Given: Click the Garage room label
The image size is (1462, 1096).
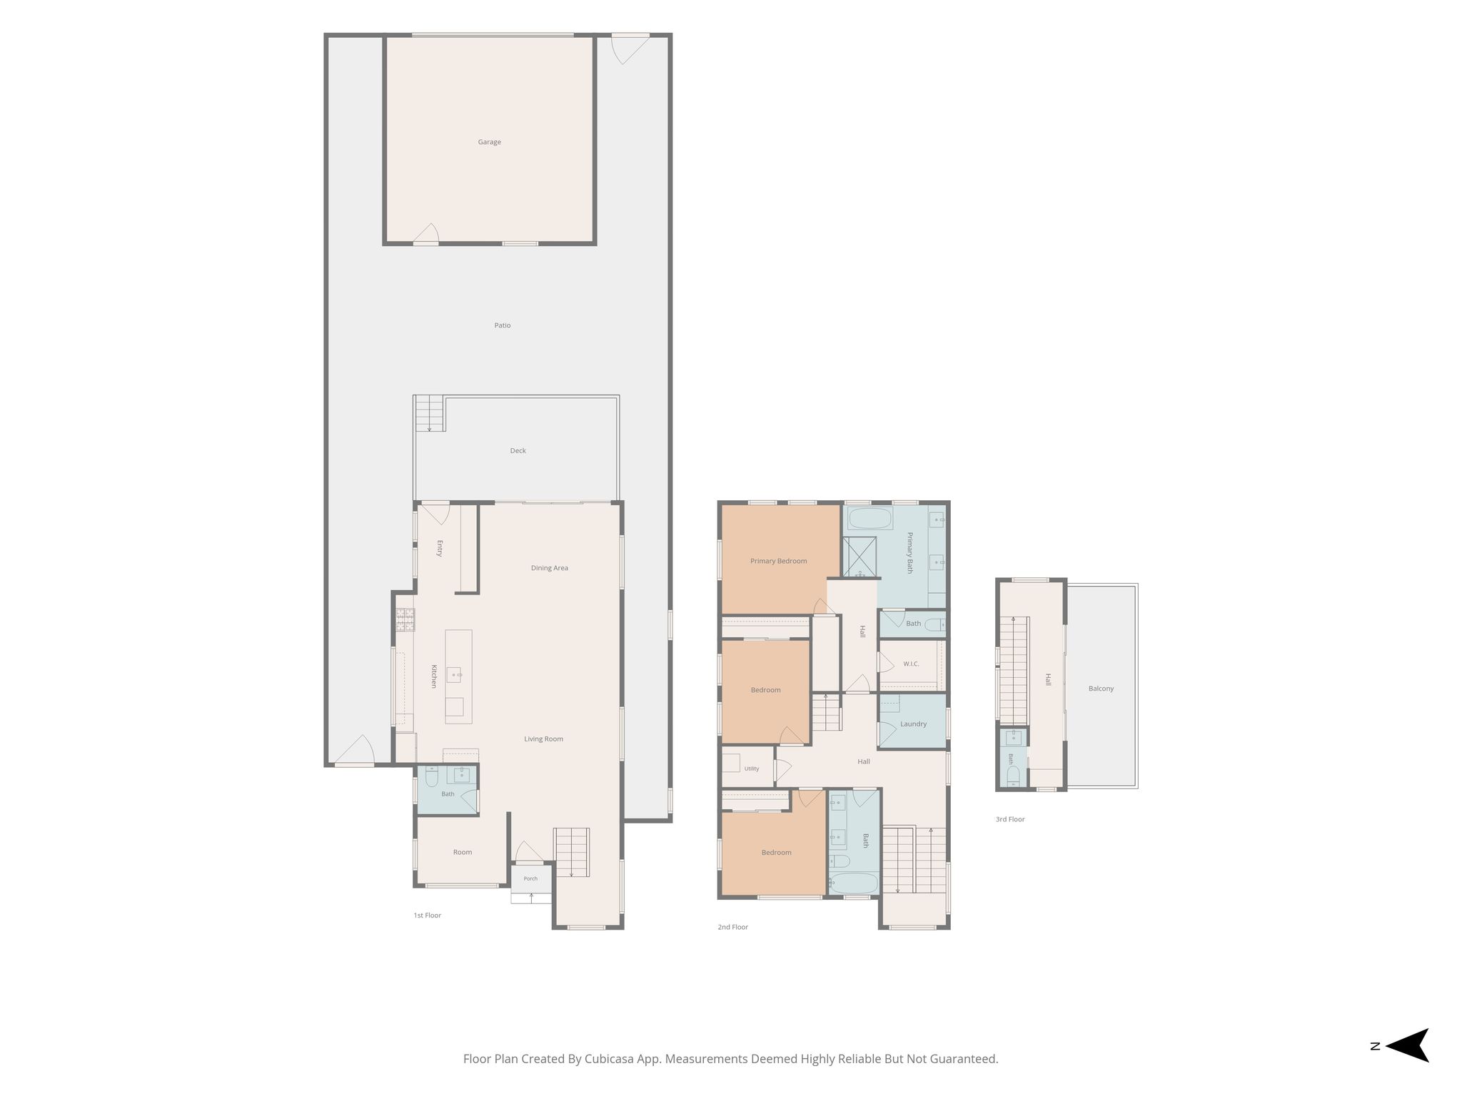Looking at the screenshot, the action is click(489, 142).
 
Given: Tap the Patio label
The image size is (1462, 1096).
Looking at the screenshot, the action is click(503, 325).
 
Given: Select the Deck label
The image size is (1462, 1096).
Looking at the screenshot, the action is click(518, 451).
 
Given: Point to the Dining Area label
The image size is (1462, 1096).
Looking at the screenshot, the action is click(550, 568).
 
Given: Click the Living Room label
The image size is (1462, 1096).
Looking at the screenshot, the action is click(544, 739).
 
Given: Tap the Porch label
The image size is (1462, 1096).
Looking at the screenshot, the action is click(530, 878).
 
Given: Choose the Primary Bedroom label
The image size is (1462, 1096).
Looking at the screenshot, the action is click(779, 561).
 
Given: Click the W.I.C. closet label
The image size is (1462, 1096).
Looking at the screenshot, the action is click(911, 664).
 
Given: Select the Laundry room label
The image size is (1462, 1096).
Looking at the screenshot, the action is click(914, 724).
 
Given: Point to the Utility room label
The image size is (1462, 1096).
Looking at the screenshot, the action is click(752, 768).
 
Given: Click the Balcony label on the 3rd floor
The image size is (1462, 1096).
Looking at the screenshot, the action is click(1101, 689).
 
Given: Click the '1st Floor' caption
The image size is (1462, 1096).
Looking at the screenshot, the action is click(428, 915).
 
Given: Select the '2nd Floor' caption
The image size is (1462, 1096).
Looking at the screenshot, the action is click(733, 927).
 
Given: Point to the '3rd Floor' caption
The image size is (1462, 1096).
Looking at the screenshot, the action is click(1010, 819).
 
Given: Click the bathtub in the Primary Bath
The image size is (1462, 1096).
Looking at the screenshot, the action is click(869, 518).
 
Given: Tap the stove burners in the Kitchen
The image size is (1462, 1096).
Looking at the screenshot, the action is click(405, 619).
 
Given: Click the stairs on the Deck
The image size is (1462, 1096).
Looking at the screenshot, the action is click(430, 413).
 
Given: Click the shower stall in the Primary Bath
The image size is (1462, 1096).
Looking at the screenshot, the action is click(859, 557).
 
